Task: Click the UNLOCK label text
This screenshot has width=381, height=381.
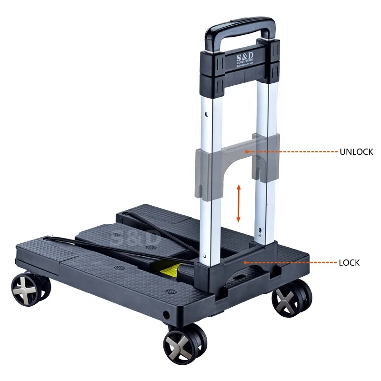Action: pyautogui.click(x=356, y=152)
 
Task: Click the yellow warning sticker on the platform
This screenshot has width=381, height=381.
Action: pyautogui.click(x=171, y=271)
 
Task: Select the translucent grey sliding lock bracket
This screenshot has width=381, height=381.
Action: pyautogui.click(x=237, y=162)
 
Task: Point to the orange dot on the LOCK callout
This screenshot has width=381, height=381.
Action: pyautogui.click(x=245, y=262)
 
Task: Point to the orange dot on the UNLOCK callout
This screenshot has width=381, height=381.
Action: pyautogui.click(x=246, y=152)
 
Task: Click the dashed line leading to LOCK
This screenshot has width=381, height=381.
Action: pyautogui.click(x=291, y=262)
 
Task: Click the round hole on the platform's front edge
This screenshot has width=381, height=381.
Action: pyautogui.click(x=166, y=315)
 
